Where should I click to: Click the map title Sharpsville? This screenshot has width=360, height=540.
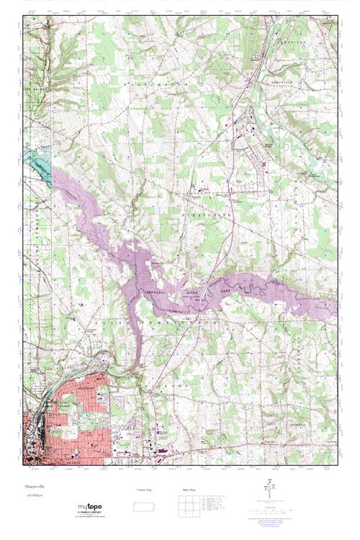pyautogui.click(x=35, y=487)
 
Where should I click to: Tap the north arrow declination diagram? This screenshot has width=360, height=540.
pyautogui.click(x=271, y=488)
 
